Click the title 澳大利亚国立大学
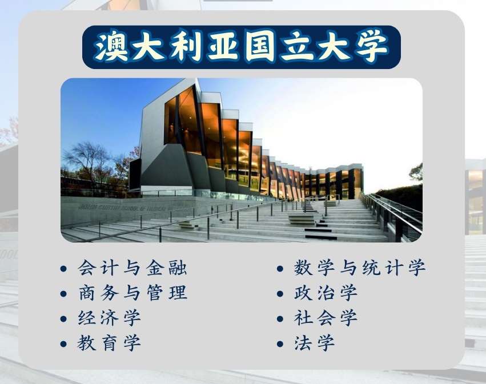click(x=241, y=47)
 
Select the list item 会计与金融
click(x=132, y=268)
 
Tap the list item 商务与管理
click(x=132, y=293)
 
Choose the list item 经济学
click(x=109, y=318)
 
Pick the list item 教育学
click(x=109, y=343)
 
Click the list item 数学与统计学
click(x=360, y=268)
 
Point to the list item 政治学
click(x=326, y=293)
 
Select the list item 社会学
click(x=326, y=318)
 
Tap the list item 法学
click(x=314, y=343)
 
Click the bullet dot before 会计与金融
click(x=63, y=269)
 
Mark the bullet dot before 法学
click(x=280, y=343)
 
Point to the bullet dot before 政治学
click(x=280, y=294)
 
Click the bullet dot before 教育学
click(x=63, y=343)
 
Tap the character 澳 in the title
click(x=111, y=47)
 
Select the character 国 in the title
click(x=260, y=47)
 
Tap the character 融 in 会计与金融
click(x=178, y=268)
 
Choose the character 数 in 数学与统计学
click(x=303, y=268)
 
